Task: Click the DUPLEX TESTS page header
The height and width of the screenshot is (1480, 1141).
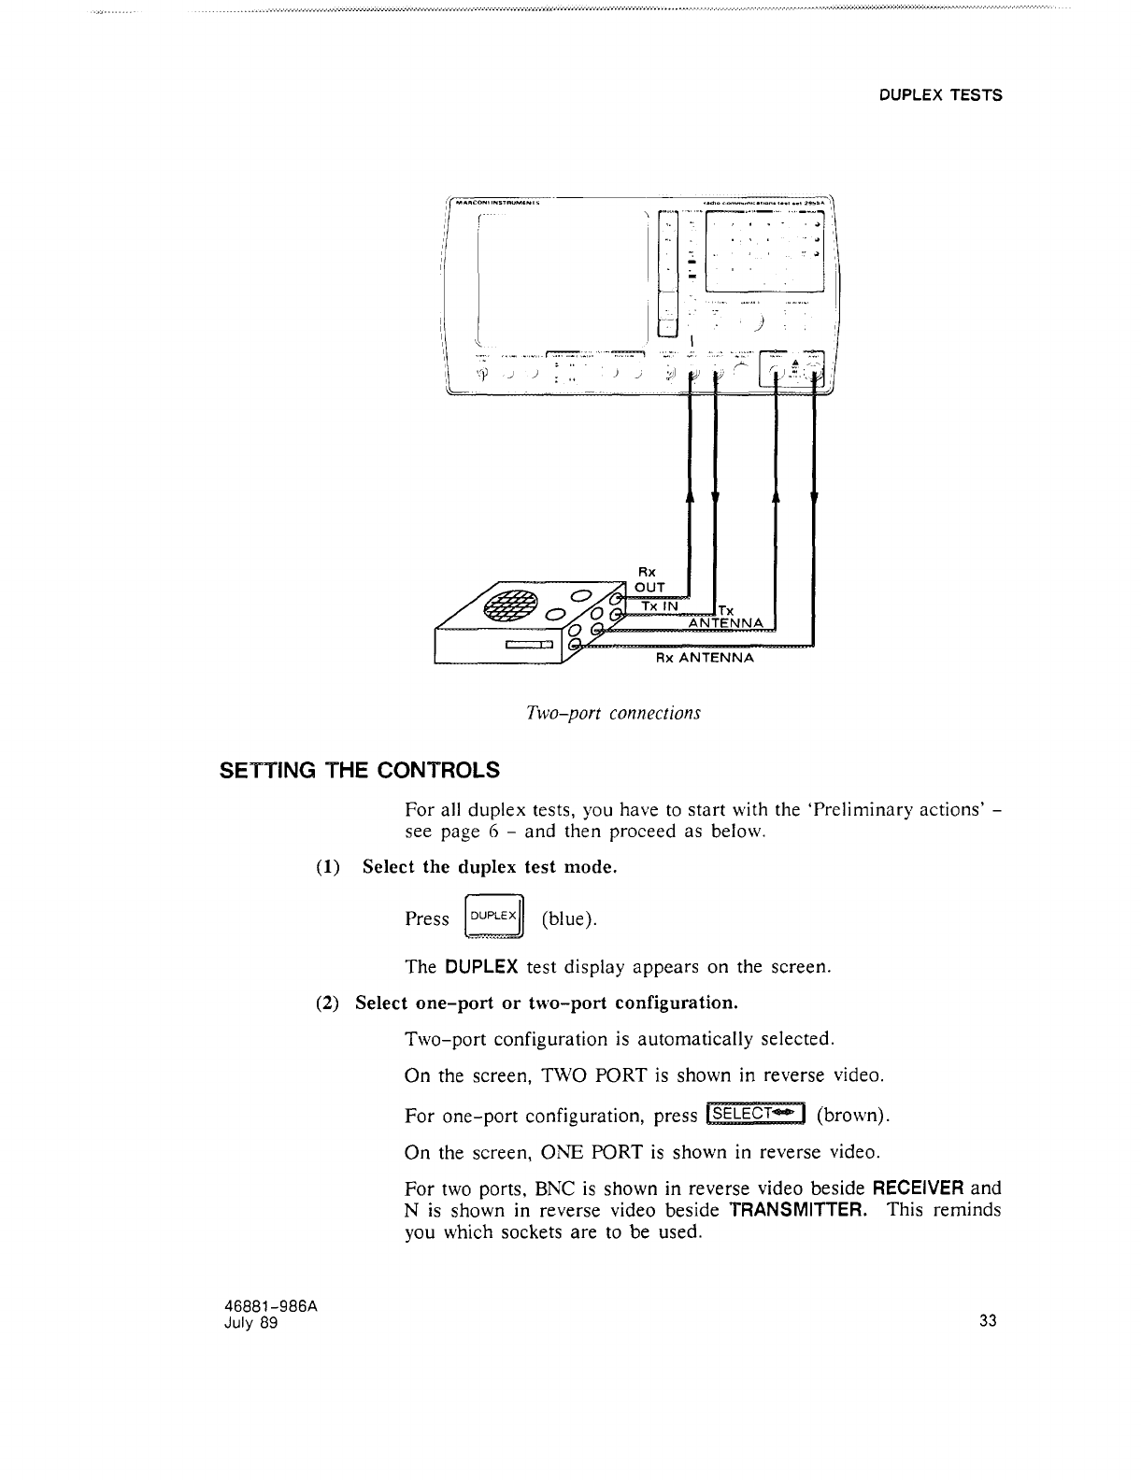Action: pos(941,95)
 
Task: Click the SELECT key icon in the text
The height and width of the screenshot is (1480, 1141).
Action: pos(756,1114)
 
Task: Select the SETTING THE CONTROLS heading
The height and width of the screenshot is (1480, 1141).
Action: pos(360,771)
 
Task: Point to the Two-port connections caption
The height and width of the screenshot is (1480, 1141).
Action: pos(613,713)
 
